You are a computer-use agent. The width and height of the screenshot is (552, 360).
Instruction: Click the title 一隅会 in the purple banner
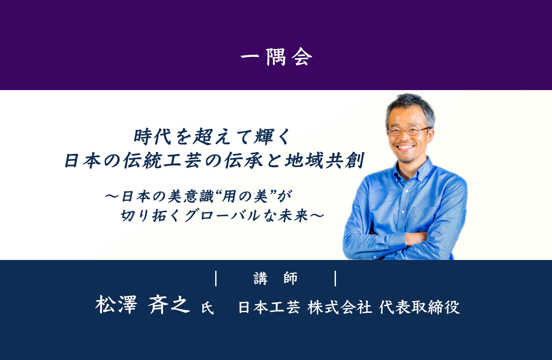[x=276, y=57]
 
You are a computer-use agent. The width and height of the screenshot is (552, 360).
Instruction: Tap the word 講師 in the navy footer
[x=276, y=279]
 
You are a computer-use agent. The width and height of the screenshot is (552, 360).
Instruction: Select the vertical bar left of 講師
[x=216, y=279]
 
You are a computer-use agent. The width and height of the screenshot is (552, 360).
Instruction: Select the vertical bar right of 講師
[x=336, y=279]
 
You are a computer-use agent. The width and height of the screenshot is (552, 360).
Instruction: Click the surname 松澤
[x=116, y=304]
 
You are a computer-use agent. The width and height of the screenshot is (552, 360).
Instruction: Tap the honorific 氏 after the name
[x=207, y=308]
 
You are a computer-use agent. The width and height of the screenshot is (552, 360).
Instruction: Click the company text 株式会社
[x=340, y=307]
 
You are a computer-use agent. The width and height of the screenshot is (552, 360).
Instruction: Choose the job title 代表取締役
[x=420, y=307]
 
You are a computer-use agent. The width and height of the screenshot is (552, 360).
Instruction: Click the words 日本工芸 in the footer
[x=270, y=307]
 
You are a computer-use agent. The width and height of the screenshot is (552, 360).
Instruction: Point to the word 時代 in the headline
[x=153, y=137]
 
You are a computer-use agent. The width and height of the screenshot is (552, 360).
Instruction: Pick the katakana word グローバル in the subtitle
[x=222, y=216]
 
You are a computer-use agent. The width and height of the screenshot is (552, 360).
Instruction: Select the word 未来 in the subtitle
[x=293, y=216]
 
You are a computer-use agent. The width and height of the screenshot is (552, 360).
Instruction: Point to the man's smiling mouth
[x=406, y=148]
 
